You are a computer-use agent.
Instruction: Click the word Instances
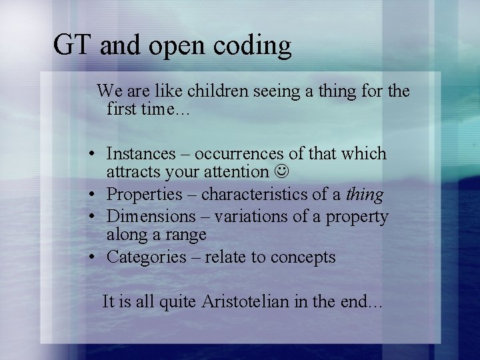[139, 153]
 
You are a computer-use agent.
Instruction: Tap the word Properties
[144, 195]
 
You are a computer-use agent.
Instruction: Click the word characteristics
[265, 194]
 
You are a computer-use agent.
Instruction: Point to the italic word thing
[365, 195]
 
